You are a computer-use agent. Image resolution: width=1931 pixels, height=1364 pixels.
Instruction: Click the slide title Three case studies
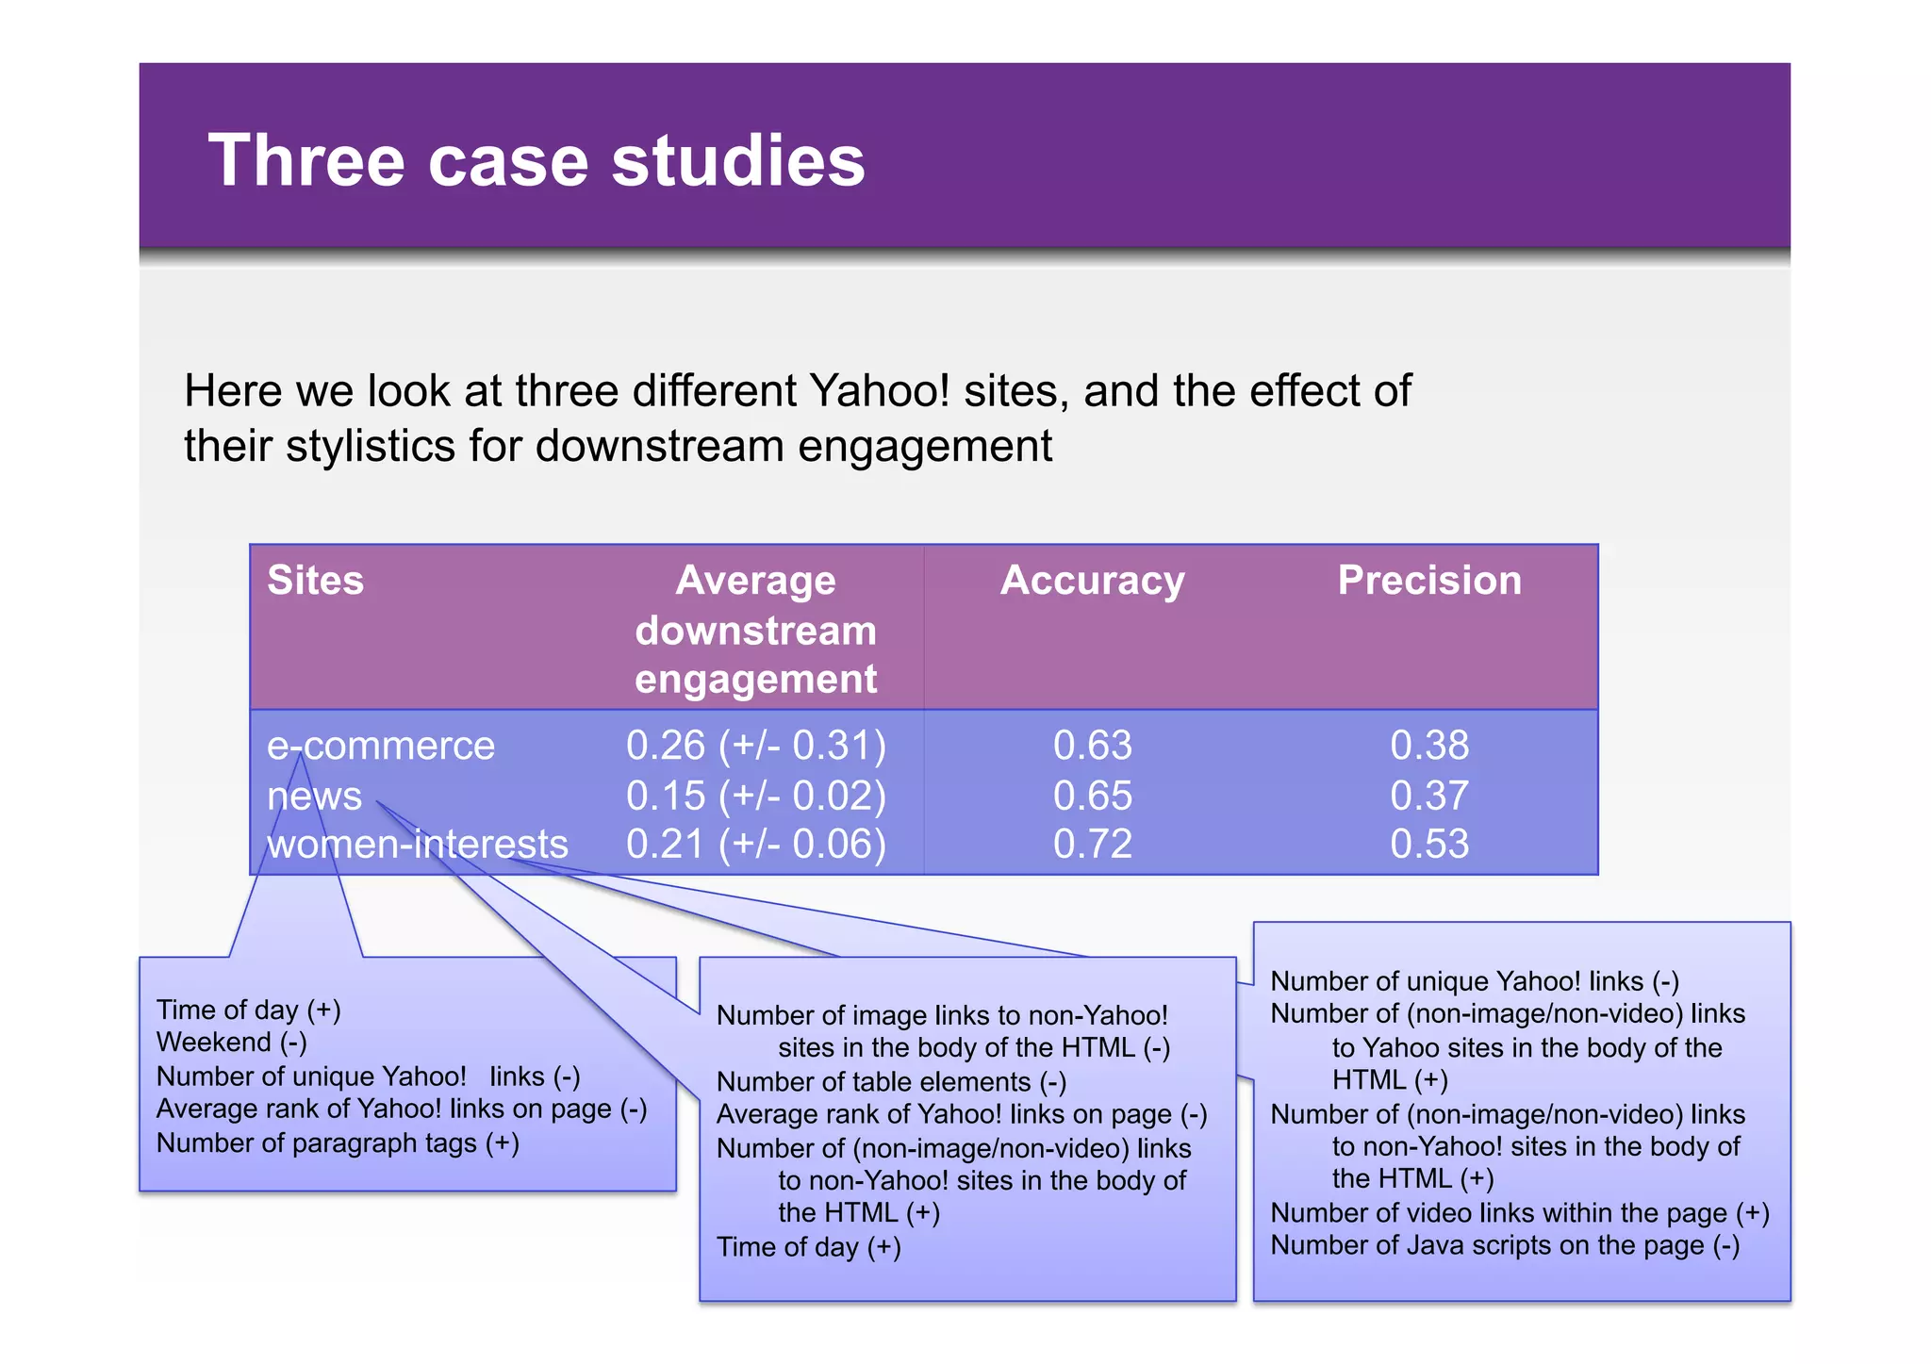coord(536,160)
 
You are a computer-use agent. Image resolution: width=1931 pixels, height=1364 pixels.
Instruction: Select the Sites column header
coord(315,580)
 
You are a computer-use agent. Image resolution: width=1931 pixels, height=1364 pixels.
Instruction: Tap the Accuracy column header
coord(1092,580)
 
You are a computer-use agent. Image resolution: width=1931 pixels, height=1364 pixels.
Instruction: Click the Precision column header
coord(1428,580)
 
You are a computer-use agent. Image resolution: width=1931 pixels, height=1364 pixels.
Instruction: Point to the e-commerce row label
coord(381,746)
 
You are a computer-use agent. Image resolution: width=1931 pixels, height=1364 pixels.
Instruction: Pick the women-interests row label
coord(417,844)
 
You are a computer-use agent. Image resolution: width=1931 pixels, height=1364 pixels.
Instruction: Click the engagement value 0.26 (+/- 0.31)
coord(756,746)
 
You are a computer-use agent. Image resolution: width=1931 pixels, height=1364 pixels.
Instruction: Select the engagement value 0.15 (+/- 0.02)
coord(756,796)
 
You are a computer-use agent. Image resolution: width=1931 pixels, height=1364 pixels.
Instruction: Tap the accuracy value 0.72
coord(1092,844)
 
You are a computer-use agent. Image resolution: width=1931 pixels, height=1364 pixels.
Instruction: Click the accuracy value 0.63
coord(1092,746)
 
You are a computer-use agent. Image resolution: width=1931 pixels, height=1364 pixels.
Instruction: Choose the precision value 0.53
coord(1428,844)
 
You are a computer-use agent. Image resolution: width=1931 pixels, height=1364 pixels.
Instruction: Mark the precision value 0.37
coord(1428,796)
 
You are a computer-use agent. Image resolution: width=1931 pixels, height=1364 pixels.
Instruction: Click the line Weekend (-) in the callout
coord(231,1043)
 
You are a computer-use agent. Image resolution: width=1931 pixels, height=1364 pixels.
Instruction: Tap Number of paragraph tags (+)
coord(338,1143)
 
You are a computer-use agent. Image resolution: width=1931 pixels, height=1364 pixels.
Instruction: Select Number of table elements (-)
coord(891,1082)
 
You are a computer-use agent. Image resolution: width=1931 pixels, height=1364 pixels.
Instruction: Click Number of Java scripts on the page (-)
coord(1505,1245)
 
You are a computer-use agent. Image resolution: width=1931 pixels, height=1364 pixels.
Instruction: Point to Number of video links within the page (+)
coord(1519,1213)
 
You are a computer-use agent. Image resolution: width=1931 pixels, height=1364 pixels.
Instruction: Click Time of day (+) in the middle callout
coord(808,1247)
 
